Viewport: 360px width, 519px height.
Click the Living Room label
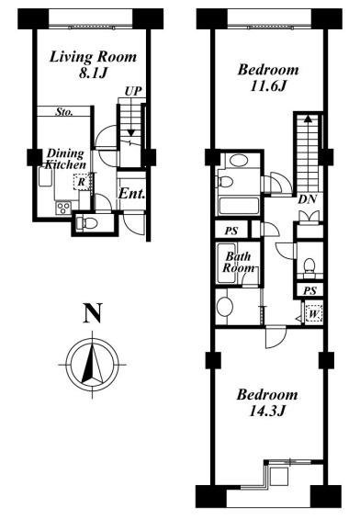coord(93,57)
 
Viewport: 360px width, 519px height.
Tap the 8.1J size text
coord(94,73)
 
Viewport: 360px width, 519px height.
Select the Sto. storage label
coord(64,112)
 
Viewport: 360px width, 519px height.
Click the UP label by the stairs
coord(133,91)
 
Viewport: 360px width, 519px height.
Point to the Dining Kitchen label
coord(65,159)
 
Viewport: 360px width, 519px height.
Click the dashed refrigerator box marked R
coord(82,182)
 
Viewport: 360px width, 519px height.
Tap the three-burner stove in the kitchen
coord(63,208)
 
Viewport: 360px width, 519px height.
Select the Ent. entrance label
coord(131,194)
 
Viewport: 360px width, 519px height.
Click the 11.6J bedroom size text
coord(267,86)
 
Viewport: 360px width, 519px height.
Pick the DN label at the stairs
coord(308,199)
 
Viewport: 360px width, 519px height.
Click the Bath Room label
coord(239,262)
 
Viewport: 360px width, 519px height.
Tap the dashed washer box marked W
coord(313,313)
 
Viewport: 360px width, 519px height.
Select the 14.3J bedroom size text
coord(267,412)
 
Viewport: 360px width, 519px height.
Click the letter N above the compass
coord(93,313)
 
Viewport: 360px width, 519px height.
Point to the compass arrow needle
coord(92,364)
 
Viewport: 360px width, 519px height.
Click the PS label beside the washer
coord(310,290)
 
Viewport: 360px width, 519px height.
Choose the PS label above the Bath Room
coord(231,231)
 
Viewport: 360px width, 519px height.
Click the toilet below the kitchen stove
coord(86,224)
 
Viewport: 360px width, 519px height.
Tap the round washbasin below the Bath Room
coord(225,307)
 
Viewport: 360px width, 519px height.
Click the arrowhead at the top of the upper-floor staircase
coord(308,118)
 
